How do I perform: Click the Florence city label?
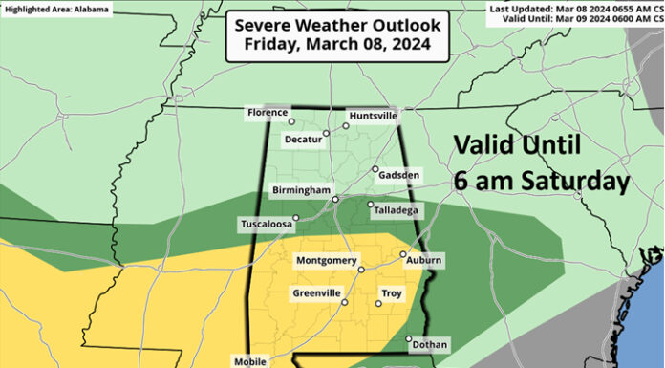[x=267, y=113]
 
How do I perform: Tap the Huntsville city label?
[x=372, y=116]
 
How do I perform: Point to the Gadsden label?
[x=400, y=177]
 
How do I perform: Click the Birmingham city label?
[x=301, y=189]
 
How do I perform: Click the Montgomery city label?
[x=326, y=261]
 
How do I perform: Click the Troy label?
[x=392, y=293]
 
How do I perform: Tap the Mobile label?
[x=250, y=361]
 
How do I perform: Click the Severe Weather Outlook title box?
[x=325, y=35]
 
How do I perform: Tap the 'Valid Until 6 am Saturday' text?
[x=540, y=162]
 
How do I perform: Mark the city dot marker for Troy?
[x=378, y=304]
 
